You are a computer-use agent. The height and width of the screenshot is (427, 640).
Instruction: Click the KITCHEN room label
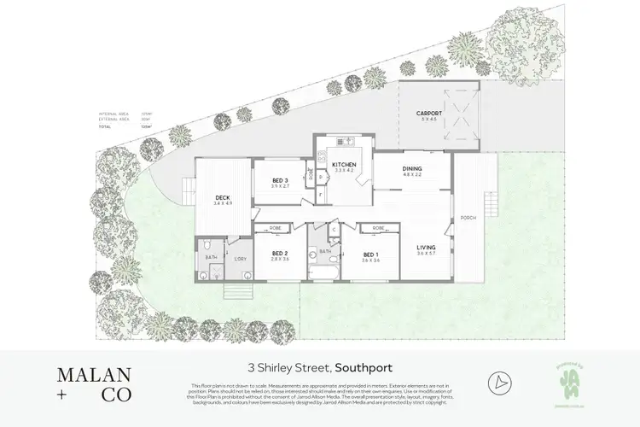coord(343,164)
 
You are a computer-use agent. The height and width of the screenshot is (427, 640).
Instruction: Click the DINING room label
coord(412,168)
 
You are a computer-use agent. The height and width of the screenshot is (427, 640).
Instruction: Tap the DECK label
coord(222,198)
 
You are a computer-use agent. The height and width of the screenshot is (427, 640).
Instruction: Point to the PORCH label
coord(468,218)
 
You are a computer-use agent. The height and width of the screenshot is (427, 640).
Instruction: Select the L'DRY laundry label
coord(241,258)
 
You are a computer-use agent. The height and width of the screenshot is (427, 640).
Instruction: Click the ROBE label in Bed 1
coord(377,229)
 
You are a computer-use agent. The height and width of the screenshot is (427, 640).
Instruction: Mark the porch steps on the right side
coord(490,205)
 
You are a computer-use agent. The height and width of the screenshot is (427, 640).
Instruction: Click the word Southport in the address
coord(364,369)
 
